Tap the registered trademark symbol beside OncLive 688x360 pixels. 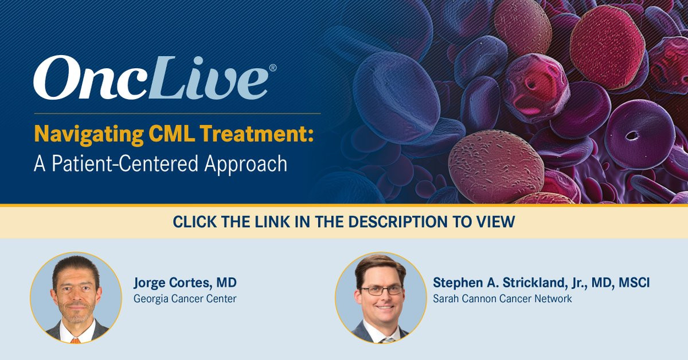point(272,68)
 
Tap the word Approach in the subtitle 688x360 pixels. point(246,165)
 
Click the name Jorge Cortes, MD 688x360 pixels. point(185,283)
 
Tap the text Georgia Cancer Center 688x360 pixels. point(185,299)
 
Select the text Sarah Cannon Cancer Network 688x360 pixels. point(502,299)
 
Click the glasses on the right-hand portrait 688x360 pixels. point(381,290)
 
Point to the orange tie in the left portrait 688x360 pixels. point(75,341)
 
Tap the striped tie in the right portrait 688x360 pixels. point(388,340)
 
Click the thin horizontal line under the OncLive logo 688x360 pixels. point(177,114)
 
